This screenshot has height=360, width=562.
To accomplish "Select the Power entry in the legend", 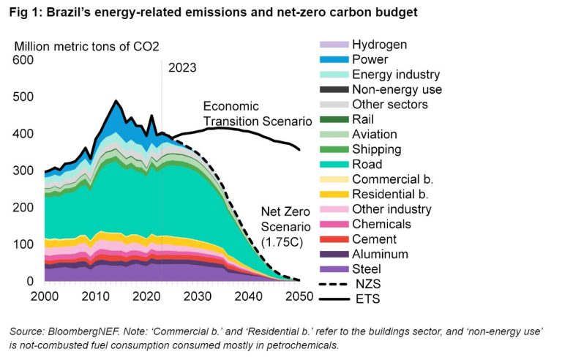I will click(x=370, y=59).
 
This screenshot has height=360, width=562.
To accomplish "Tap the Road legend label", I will click(x=367, y=164).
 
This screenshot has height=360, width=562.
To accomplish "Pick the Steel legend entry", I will click(x=368, y=269).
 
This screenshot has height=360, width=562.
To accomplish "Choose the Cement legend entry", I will click(x=374, y=239).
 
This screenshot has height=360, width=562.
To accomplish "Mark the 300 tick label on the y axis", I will click(x=23, y=170).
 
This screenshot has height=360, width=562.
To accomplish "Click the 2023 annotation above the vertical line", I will click(x=182, y=68).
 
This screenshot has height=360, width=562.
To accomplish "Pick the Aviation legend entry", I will click(x=375, y=134).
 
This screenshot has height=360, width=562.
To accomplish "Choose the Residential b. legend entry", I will click(x=390, y=194).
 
